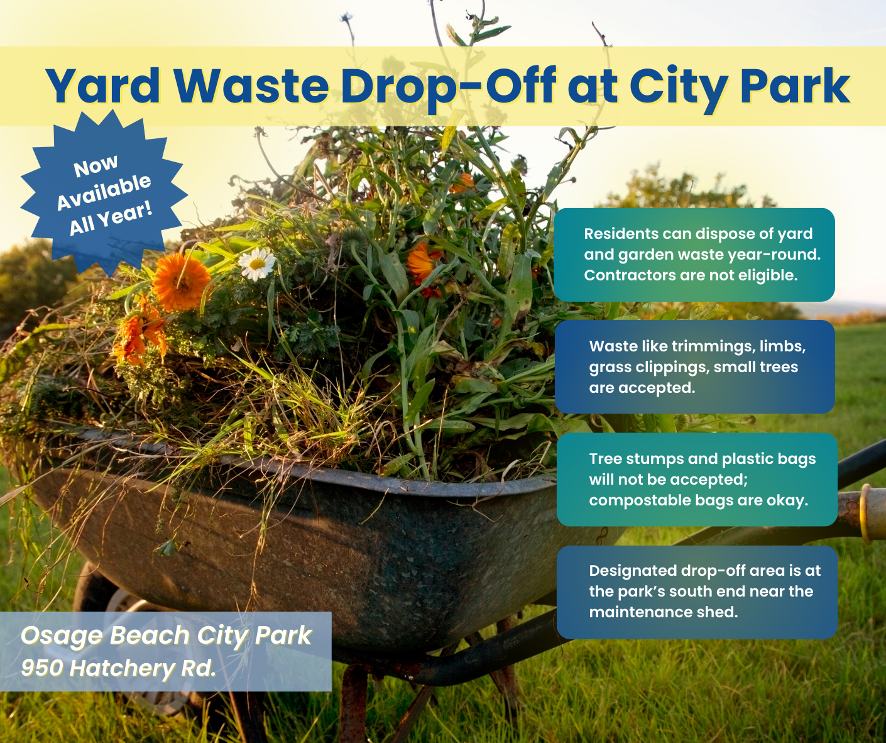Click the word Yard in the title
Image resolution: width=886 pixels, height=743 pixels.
point(103,86)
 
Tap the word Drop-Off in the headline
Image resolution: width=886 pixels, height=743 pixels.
point(448,86)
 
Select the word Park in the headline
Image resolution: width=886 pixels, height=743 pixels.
point(795,86)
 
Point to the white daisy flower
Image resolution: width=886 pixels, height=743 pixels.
point(257,263)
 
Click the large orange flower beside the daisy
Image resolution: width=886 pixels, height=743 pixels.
point(182,282)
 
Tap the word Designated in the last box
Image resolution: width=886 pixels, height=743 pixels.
point(633,571)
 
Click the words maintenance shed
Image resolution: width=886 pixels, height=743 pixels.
point(663,612)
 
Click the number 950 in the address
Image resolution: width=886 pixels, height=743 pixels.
point(43,668)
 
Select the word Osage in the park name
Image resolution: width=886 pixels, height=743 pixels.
point(62,636)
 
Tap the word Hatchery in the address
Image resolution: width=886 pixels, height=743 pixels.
point(123,668)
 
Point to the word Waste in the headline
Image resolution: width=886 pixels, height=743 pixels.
point(251,86)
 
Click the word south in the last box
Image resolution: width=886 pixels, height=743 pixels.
point(691,592)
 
